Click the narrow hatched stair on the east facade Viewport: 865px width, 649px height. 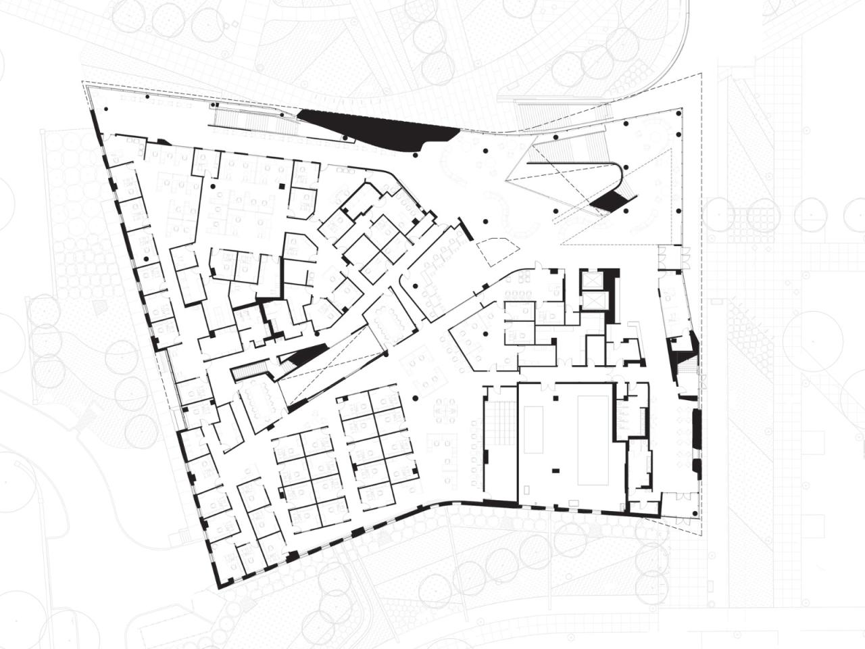(x=689, y=368)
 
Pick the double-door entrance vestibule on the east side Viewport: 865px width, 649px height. (x=673, y=256)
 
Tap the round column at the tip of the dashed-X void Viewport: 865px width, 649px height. (x=386, y=352)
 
